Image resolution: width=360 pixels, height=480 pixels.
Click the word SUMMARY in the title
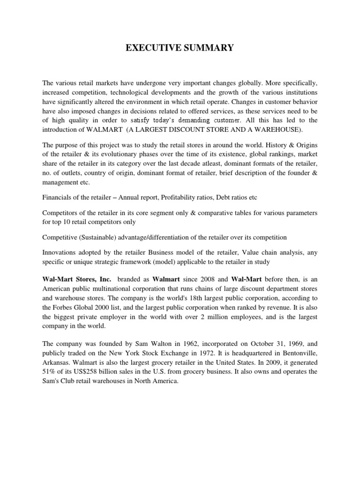(x=208, y=48)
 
